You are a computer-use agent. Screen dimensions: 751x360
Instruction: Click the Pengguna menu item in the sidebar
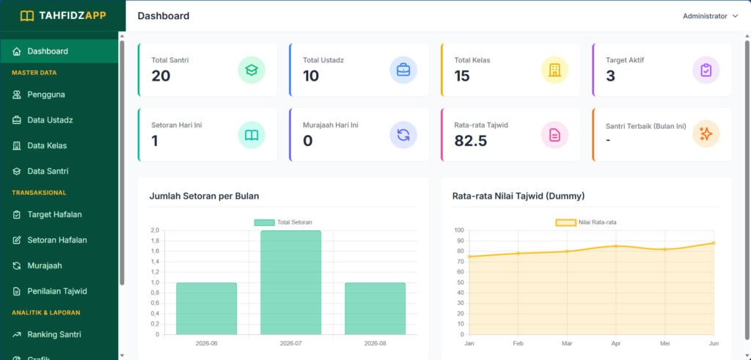click(46, 95)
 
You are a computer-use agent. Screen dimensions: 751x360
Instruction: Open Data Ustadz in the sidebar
click(50, 120)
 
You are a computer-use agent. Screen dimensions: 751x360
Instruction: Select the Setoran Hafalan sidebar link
click(57, 240)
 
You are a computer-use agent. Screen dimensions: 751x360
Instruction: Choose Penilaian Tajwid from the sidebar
click(57, 291)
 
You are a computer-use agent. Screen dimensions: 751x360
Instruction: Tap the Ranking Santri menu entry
click(54, 334)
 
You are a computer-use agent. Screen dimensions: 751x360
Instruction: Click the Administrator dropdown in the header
click(710, 16)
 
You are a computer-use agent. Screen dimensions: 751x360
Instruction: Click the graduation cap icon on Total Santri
click(252, 70)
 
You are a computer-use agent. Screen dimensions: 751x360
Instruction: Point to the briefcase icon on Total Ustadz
click(403, 70)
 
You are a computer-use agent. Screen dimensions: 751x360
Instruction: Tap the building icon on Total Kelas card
click(554, 70)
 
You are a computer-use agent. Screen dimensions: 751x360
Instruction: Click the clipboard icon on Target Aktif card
click(706, 70)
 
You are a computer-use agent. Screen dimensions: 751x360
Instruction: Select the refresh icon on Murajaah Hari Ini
click(403, 135)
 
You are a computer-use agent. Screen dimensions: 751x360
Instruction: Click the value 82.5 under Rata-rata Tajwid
click(471, 141)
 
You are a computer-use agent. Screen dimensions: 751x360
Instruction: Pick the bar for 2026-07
click(290, 282)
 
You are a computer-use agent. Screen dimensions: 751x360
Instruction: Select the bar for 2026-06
click(206, 309)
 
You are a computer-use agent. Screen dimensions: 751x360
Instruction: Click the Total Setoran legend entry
click(283, 222)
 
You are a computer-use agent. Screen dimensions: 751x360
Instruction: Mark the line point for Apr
click(615, 246)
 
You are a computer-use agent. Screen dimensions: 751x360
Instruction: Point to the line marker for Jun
click(714, 243)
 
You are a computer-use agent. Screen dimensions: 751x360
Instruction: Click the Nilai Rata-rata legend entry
click(589, 222)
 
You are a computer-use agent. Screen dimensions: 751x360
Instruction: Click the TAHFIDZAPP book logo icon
click(27, 16)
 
